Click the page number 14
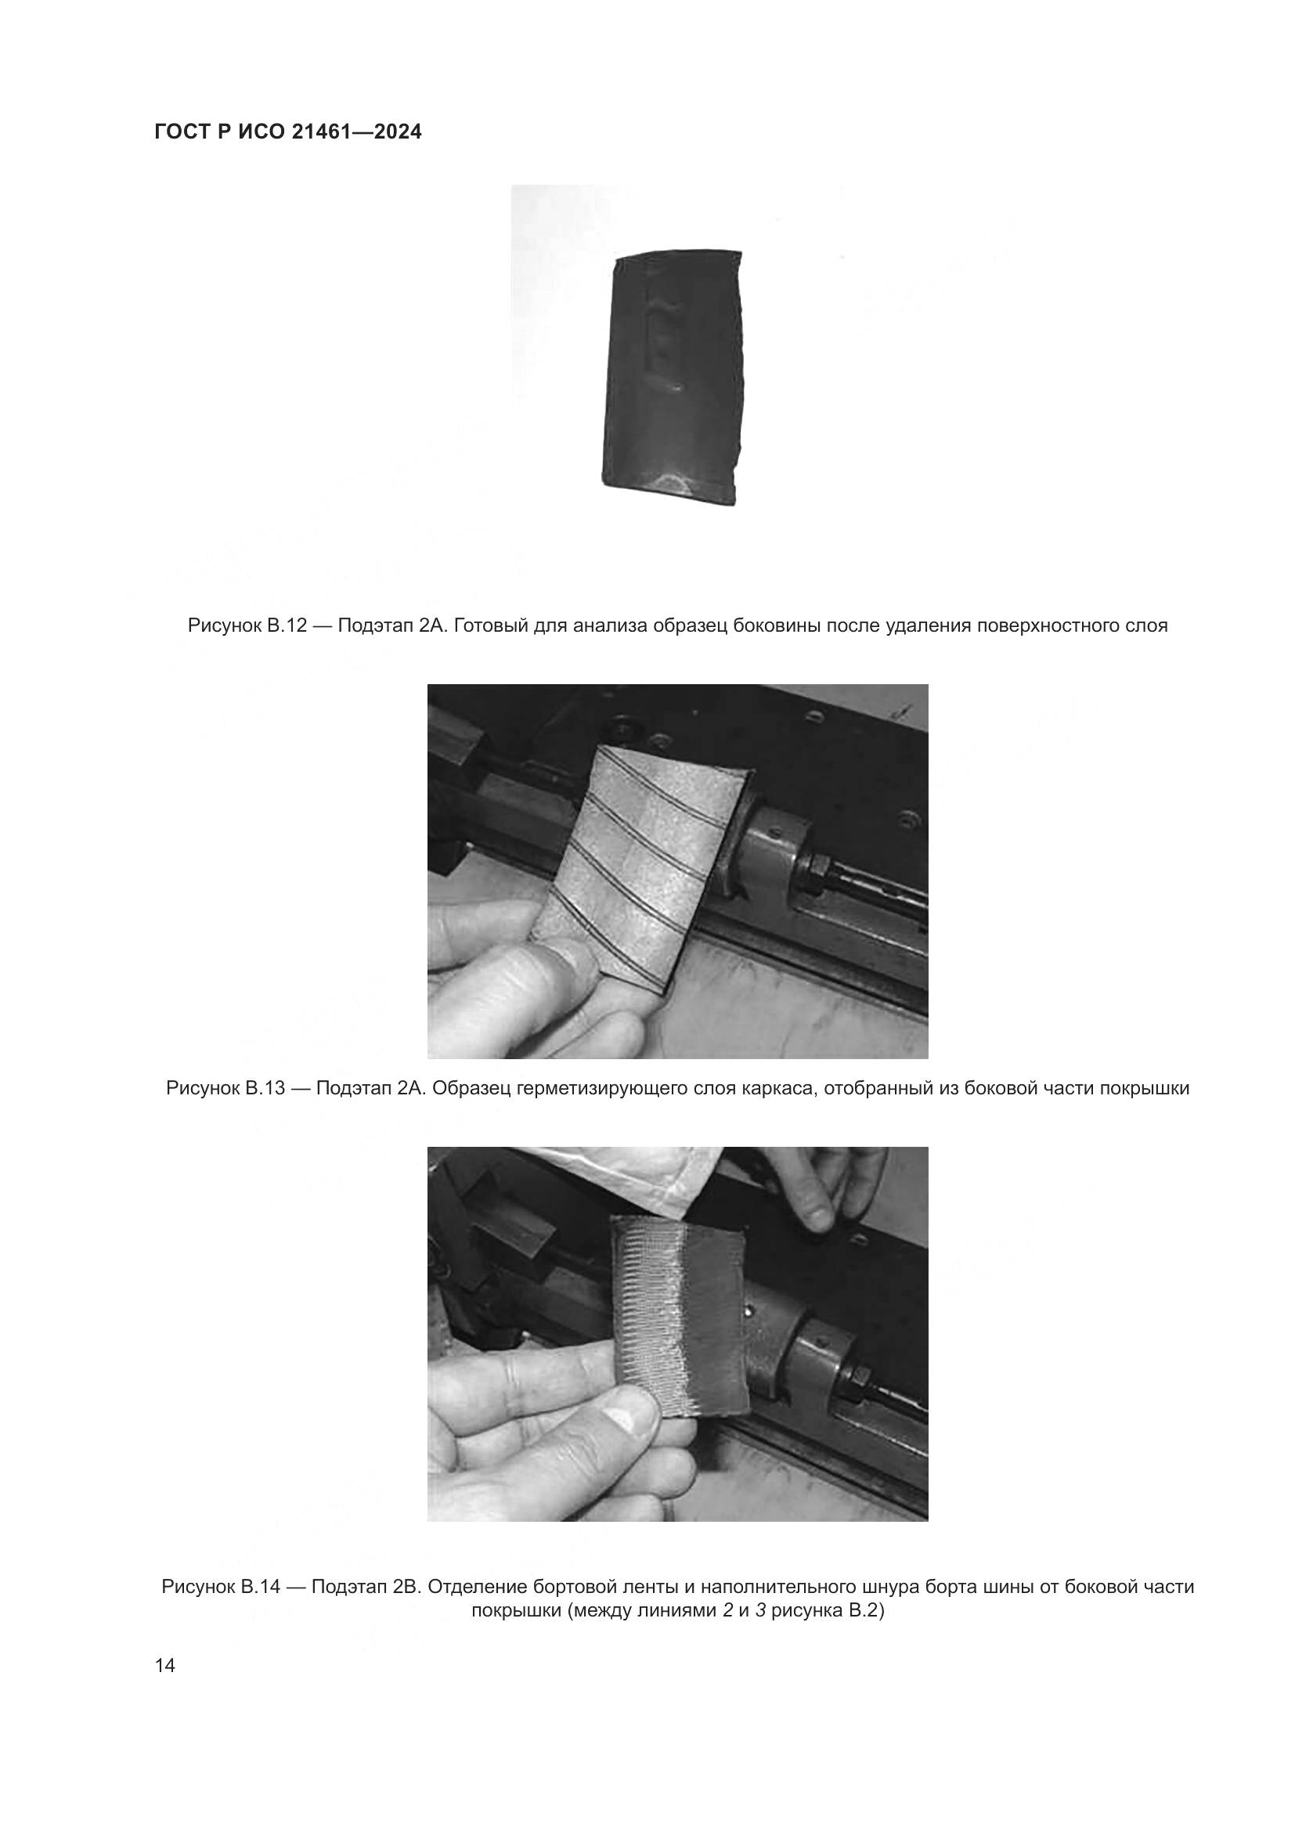(x=165, y=1666)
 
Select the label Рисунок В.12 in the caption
(x=247, y=626)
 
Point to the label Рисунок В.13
(x=225, y=1089)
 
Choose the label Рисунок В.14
(x=221, y=1587)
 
